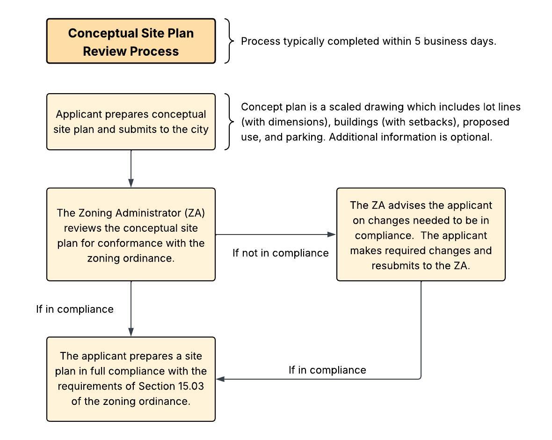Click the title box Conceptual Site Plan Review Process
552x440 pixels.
(x=131, y=41)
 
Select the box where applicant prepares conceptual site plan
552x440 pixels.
(x=131, y=122)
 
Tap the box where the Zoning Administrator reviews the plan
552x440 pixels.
(x=131, y=234)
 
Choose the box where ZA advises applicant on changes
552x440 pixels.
(x=421, y=234)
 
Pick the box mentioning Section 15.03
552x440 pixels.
(x=131, y=379)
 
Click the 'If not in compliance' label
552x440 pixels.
(x=281, y=253)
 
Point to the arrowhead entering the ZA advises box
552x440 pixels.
(x=332, y=234)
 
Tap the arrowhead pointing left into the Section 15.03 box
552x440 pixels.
(x=220, y=379)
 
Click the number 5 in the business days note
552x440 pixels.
(x=418, y=41)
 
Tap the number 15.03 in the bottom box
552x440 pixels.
(x=190, y=386)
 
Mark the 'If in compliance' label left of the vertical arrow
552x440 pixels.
(x=75, y=309)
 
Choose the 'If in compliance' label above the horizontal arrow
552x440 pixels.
(x=327, y=370)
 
